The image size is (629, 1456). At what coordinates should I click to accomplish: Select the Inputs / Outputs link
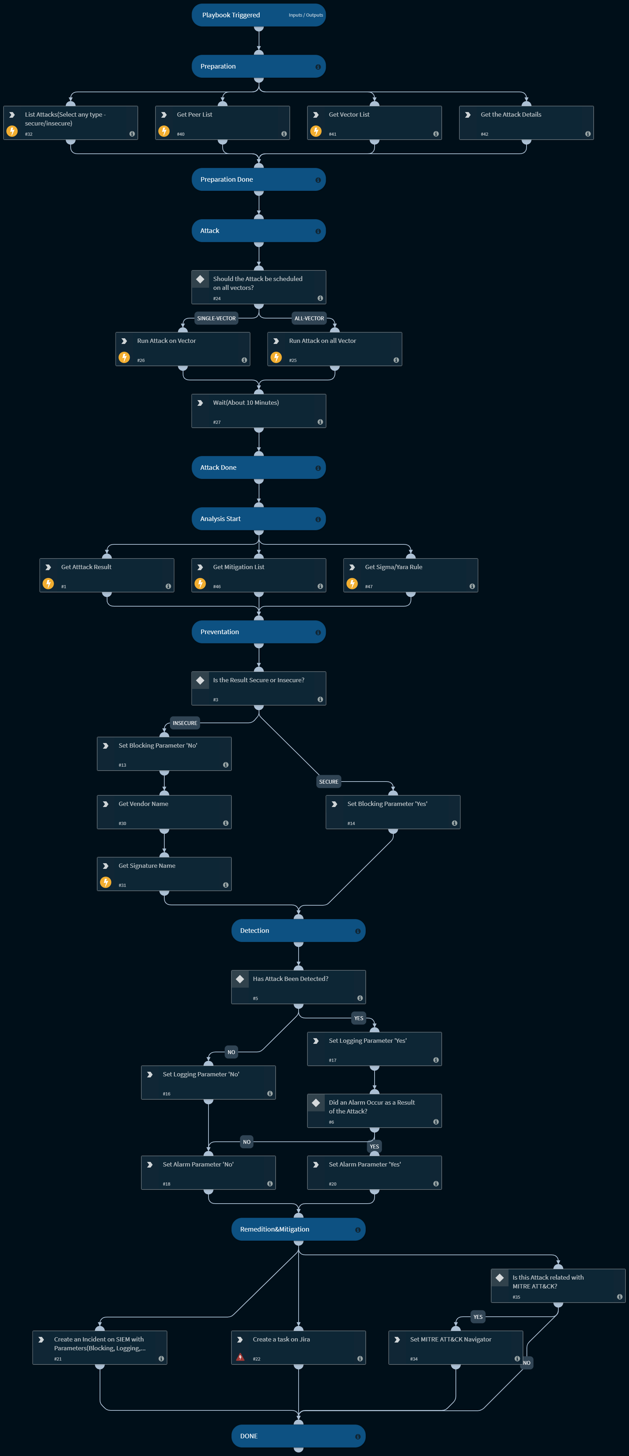(x=306, y=15)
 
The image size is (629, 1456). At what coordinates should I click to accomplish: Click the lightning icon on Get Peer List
(x=164, y=131)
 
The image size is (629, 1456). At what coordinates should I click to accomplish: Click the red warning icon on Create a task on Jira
(x=240, y=1357)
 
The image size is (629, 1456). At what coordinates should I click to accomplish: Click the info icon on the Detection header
(x=357, y=931)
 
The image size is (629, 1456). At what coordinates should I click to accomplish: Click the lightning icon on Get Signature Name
(x=106, y=882)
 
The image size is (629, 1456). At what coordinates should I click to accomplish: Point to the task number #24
(x=217, y=298)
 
